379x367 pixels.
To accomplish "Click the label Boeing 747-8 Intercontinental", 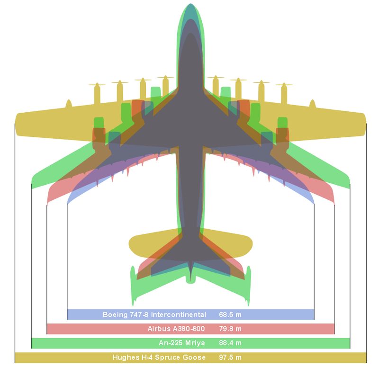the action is click(x=154, y=314).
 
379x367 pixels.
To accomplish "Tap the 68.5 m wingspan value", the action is click(x=230, y=314).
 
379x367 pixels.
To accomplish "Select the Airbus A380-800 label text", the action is click(x=176, y=329).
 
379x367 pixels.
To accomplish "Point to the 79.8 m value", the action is click(x=230, y=329).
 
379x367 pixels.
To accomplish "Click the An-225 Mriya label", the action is click(x=182, y=343).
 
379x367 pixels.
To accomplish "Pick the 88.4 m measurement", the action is click(x=230, y=343).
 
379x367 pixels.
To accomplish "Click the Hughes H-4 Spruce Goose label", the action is click(x=159, y=358).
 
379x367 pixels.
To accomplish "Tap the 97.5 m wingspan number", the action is click(x=230, y=358).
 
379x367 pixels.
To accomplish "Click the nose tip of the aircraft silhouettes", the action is click(x=190, y=4).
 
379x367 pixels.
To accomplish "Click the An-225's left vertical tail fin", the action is click(x=133, y=285).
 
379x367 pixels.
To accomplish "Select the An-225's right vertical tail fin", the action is click(x=248, y=285).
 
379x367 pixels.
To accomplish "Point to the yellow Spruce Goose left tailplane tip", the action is click(x=130, y=243).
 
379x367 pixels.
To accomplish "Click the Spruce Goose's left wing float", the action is click(x=69, y=104).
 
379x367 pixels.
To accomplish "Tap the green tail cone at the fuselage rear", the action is click(x=191, y=280).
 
